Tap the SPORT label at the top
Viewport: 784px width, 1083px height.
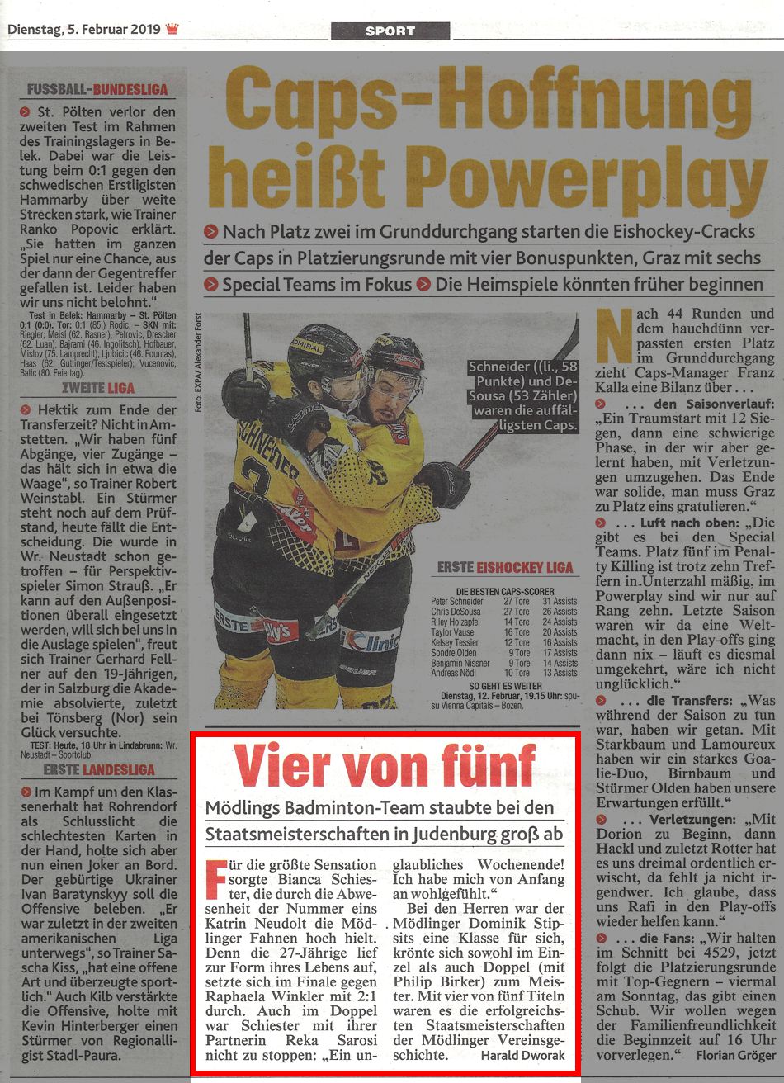point(390,31)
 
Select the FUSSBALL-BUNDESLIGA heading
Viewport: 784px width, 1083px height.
point(97,89)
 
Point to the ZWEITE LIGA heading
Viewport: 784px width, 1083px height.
point(97,388)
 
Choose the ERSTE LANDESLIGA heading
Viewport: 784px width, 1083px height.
point(97,770)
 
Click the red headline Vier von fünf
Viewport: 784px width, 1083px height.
point(385,767)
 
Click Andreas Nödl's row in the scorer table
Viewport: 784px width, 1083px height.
point(503,673)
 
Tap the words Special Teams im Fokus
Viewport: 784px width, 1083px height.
point(317,285)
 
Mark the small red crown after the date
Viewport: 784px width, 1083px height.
point(172,30)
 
